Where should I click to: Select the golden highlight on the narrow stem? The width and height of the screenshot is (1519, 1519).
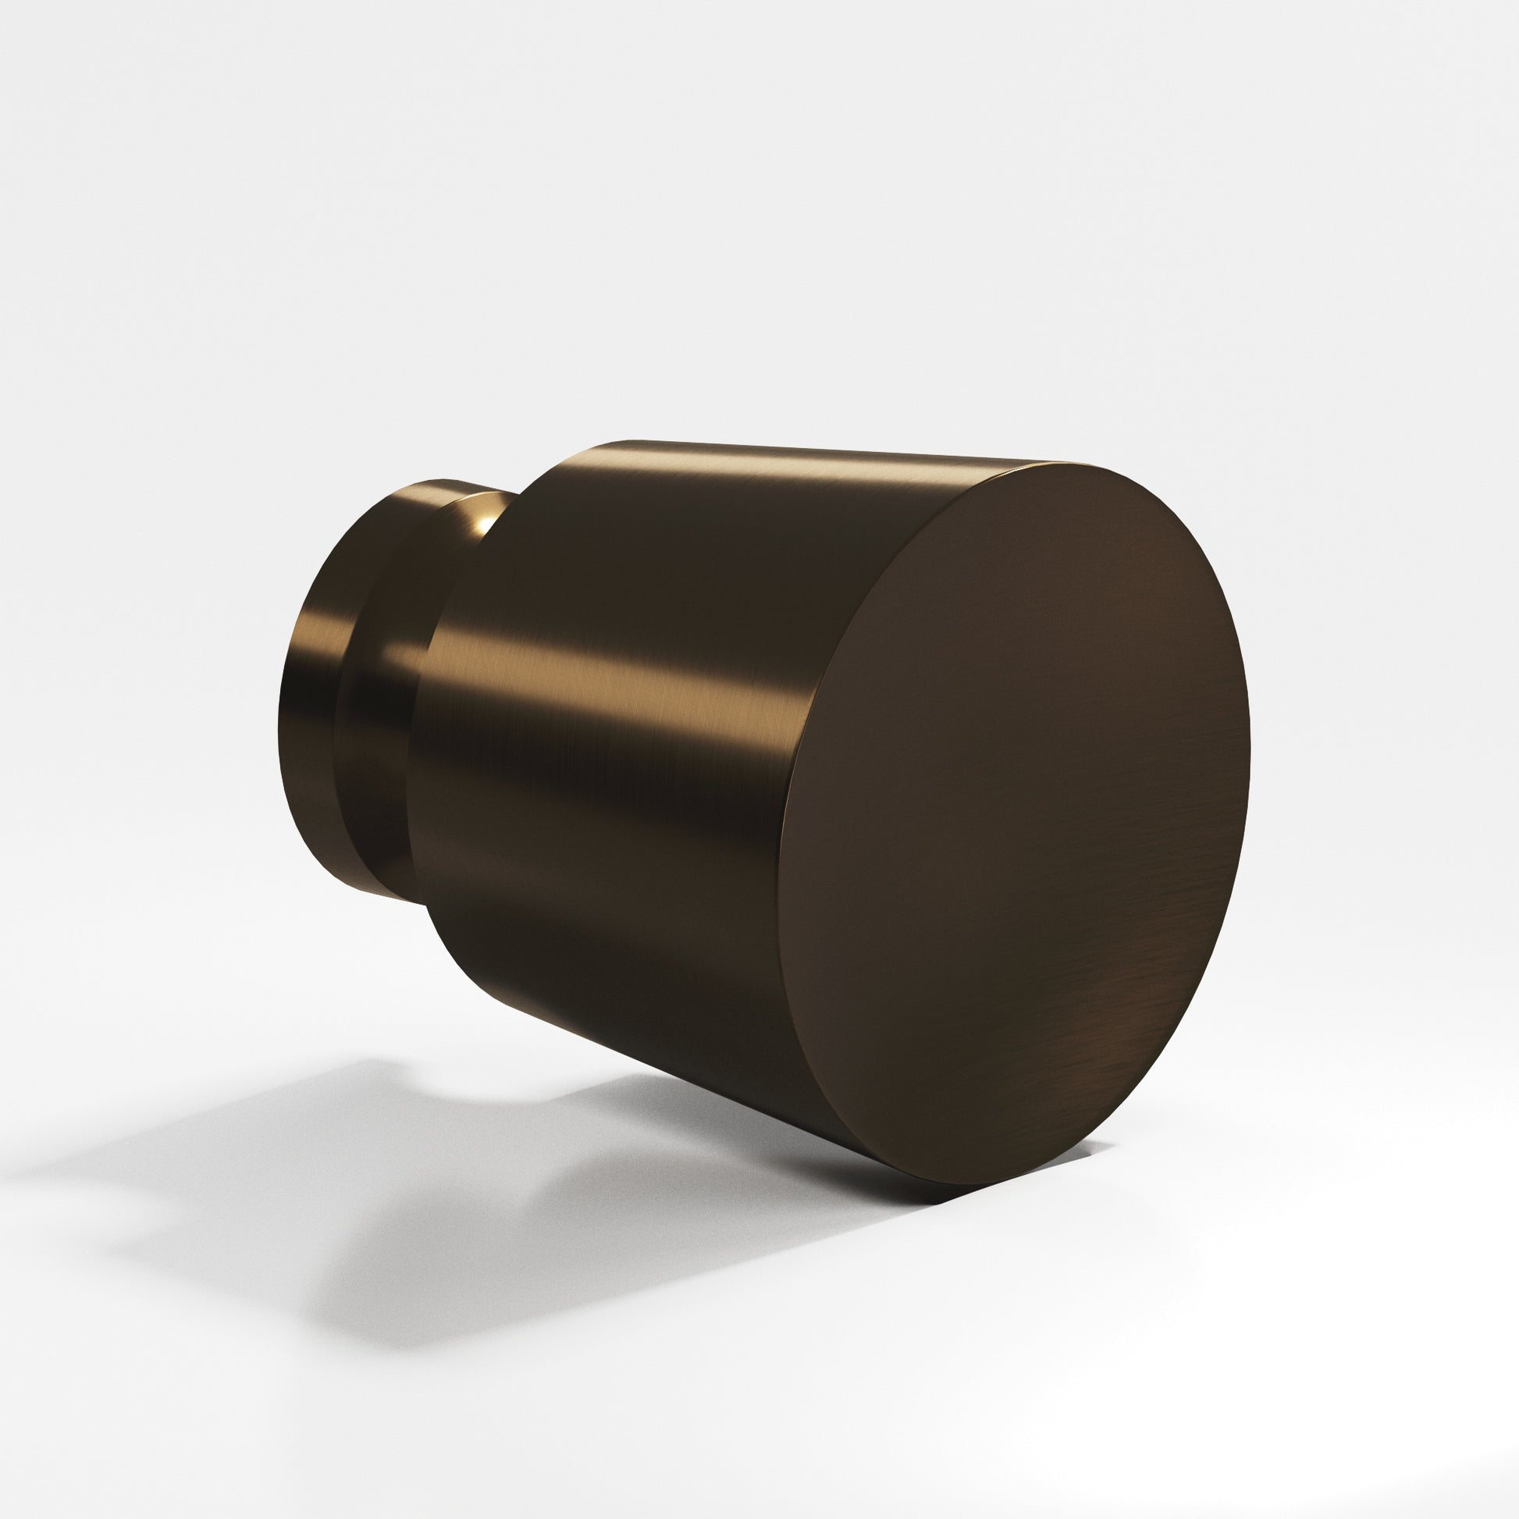click(x=322, y=629)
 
